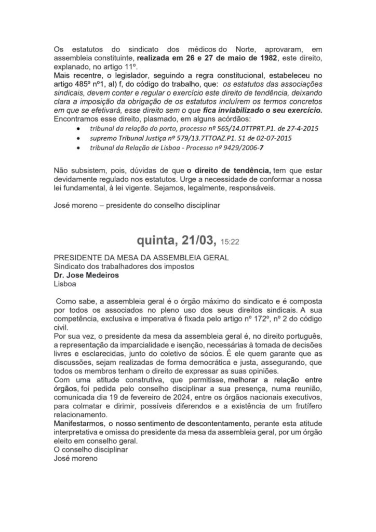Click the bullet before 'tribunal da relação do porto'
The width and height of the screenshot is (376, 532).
tap(78, 128)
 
